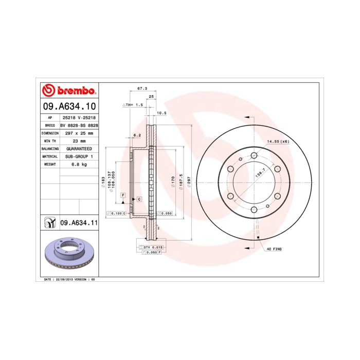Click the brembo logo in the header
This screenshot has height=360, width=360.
(x=68, y=91)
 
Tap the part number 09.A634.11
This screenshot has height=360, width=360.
(x=79, y=223)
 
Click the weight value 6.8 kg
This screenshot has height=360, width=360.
(x=79, y=164)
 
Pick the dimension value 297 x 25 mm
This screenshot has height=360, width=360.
(x=79, y=133)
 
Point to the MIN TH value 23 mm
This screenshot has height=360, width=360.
(x=79, y=140)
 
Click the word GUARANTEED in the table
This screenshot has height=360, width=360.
(x=79, y=148)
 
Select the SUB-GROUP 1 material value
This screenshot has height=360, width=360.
(x=79, y=156)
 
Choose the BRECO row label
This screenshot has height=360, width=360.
(x=50, y=125)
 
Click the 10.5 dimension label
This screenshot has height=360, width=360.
(x=161, y=113)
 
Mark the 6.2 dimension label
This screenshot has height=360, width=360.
(x=137, y=135)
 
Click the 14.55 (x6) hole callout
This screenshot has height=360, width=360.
(x=277, y=141)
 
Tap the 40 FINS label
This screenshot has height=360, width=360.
(x=275, y=249)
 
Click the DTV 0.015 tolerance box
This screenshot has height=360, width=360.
(x=150, y=248)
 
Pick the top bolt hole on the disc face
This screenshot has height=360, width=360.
(x=254, y=155)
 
